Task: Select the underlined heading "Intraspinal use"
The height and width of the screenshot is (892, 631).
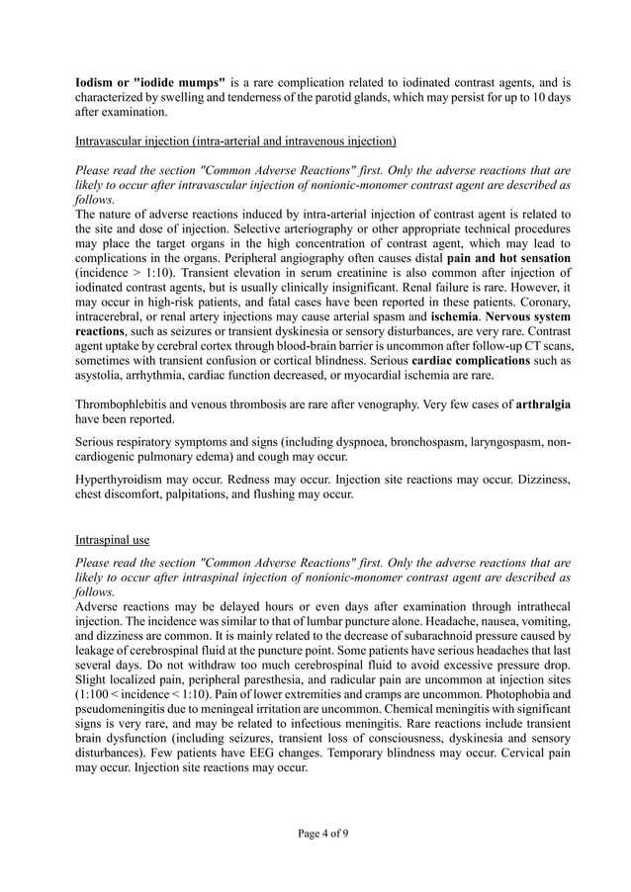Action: point(112,541)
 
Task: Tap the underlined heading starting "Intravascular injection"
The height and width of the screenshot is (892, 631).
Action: point(235,140)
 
